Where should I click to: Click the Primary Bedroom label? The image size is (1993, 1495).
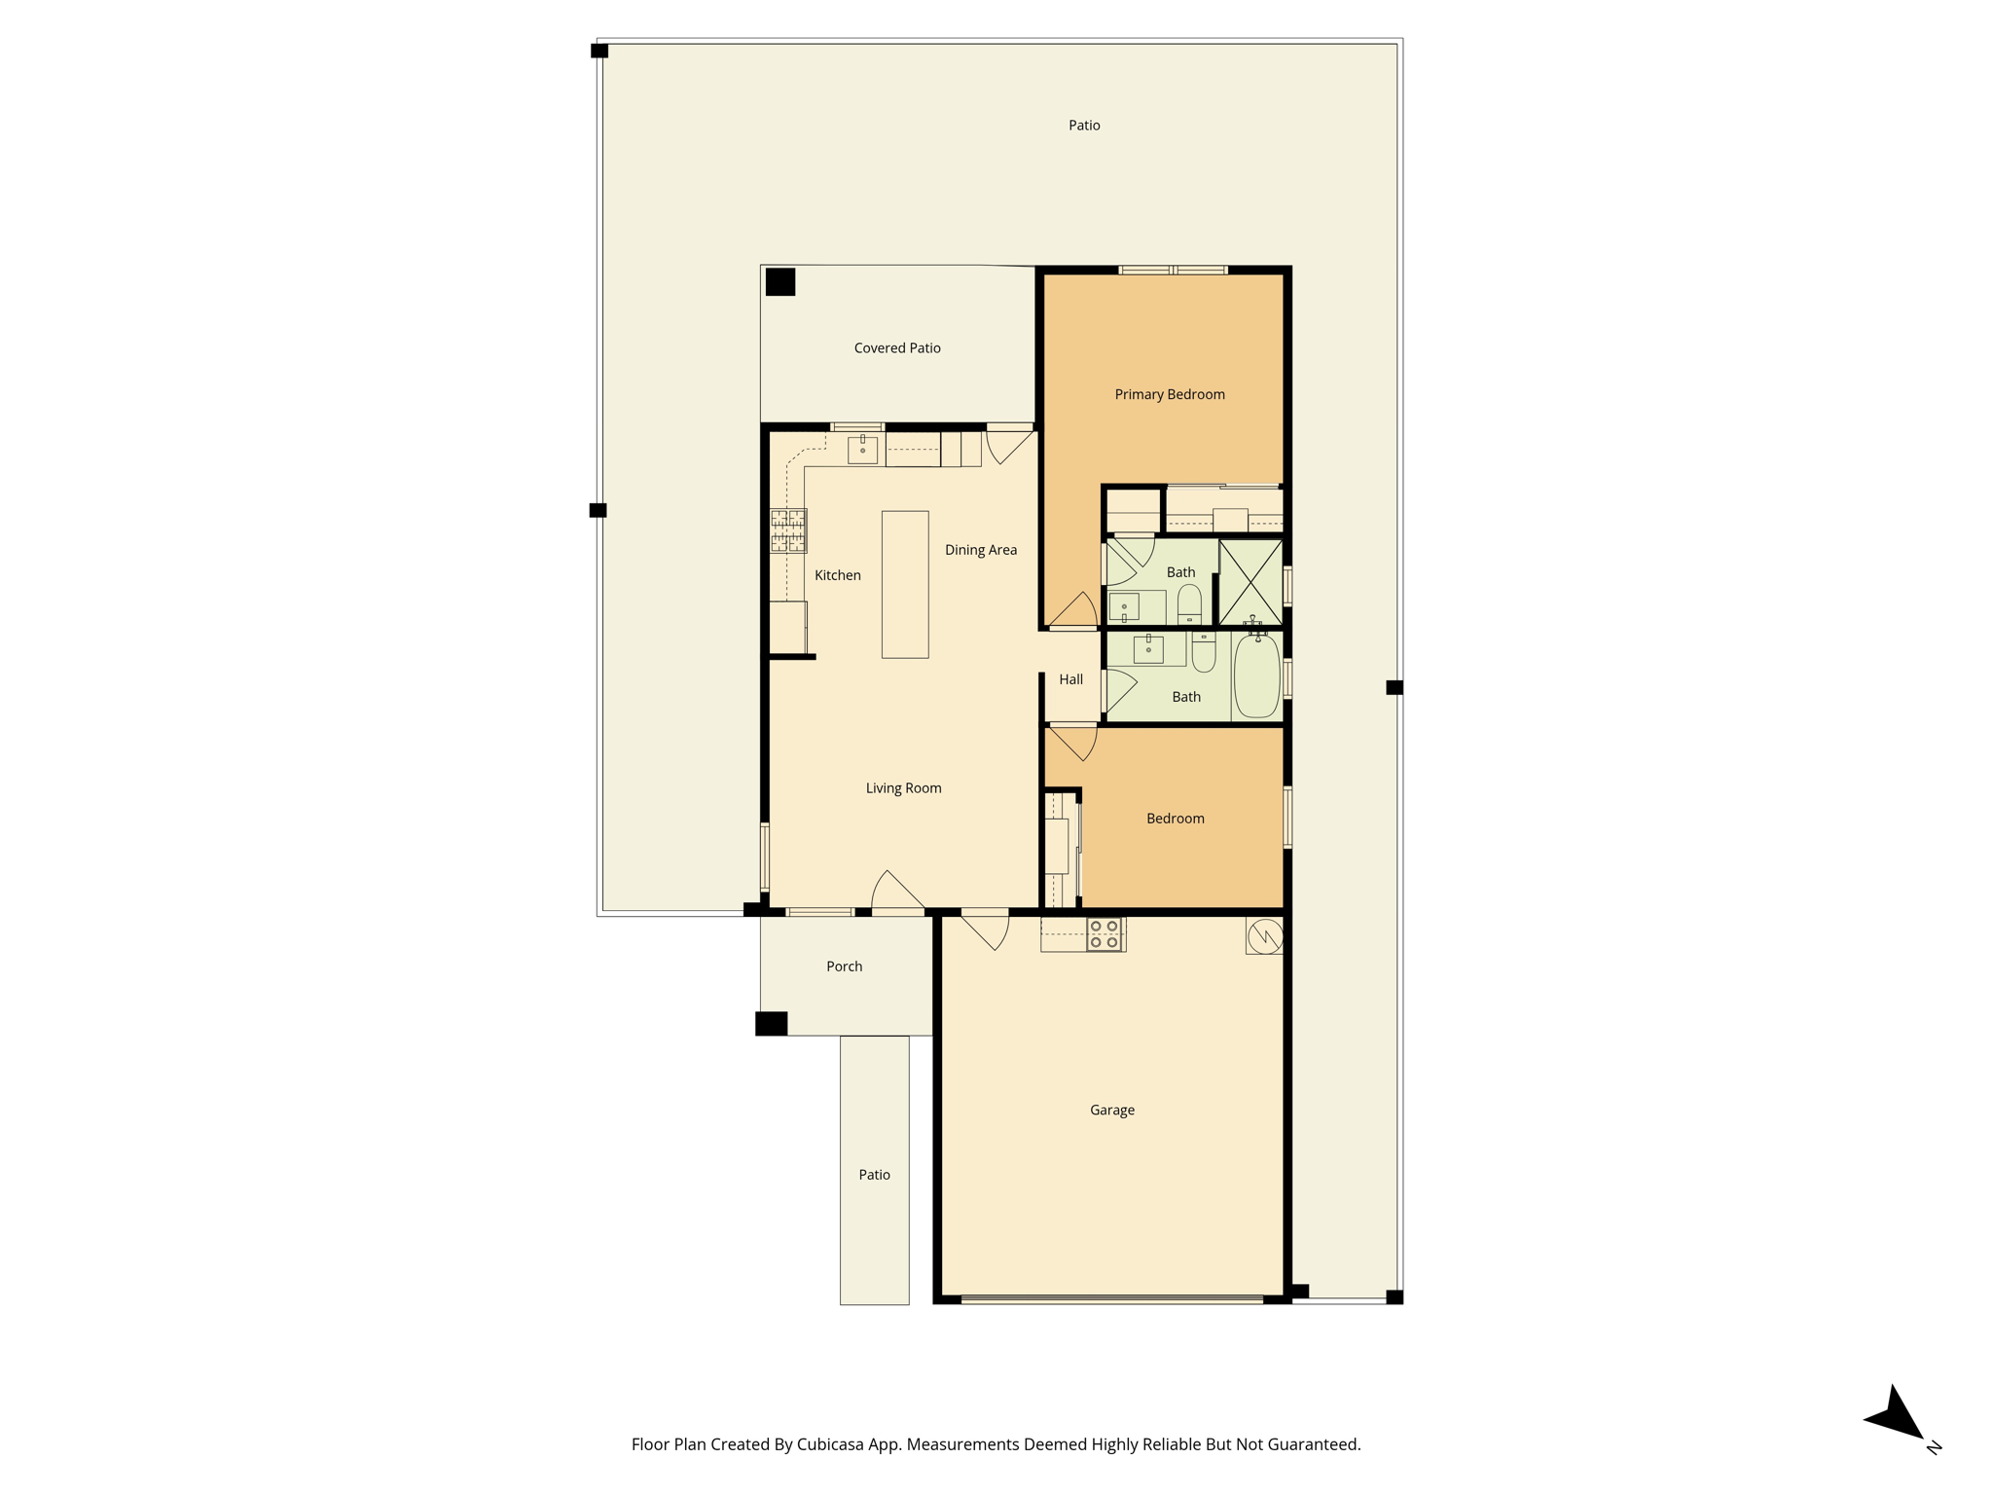[x=1170, y=394]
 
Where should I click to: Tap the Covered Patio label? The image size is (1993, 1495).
[x=897, y=347]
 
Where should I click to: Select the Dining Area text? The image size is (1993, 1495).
[x=981, y=550]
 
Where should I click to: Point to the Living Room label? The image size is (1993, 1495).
[x=904, y=788]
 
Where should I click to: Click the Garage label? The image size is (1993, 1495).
[x=1112, y=1110]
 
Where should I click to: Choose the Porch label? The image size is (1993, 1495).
[x=845, y=966]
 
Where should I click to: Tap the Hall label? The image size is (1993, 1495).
[x=1071, y=679]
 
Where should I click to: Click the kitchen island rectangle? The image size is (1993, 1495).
[x=905, y=584]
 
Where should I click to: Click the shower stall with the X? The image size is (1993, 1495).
[x=1250, y=583]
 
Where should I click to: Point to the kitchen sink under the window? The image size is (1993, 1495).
[x=862, y=449]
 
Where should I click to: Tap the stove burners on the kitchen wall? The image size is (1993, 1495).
[x=788, y=530]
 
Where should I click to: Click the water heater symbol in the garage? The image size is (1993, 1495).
[x=1265, y=936]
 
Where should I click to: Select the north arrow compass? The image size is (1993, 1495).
[x=1898, y=1417]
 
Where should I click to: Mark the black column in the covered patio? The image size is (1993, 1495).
[x=780, y=281]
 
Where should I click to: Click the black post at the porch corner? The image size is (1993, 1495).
[x=772, y=1024]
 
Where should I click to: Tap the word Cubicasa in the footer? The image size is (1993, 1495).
[x=833, y=1444]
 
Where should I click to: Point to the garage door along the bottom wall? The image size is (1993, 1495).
[x=1111, y=1298]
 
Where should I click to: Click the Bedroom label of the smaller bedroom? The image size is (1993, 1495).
[x=1176, y=819]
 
